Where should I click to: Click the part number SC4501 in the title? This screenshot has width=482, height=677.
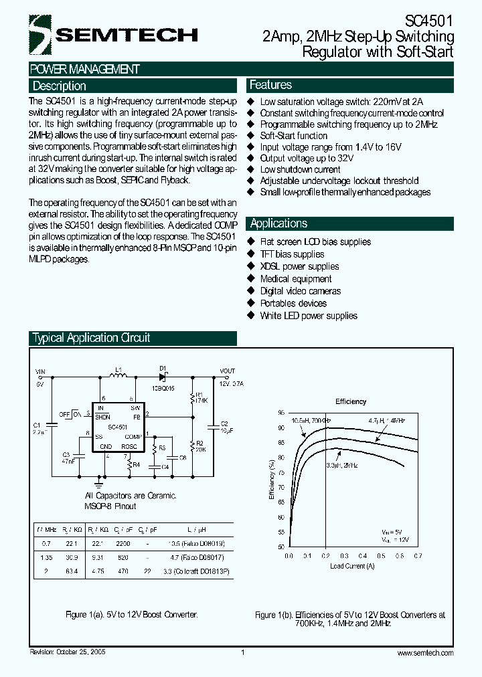click(x=430, y=21)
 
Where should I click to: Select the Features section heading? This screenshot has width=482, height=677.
click(x=270, y=85)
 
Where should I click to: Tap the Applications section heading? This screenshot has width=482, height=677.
click(x=278, y=223)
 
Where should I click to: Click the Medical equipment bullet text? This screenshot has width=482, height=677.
click(x=295, y=278)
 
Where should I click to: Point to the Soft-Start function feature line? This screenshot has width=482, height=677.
click(x=294, y=135)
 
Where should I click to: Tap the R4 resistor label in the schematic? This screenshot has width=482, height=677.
click(x=136, y=464)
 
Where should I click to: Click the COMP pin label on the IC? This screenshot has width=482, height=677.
click(x=133, y=436)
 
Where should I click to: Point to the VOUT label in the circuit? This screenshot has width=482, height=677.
click(x=228, y=371)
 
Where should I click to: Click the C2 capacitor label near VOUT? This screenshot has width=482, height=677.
click(x=225, y=423)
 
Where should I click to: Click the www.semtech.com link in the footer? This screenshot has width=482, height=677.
click(x=425, y=653)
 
